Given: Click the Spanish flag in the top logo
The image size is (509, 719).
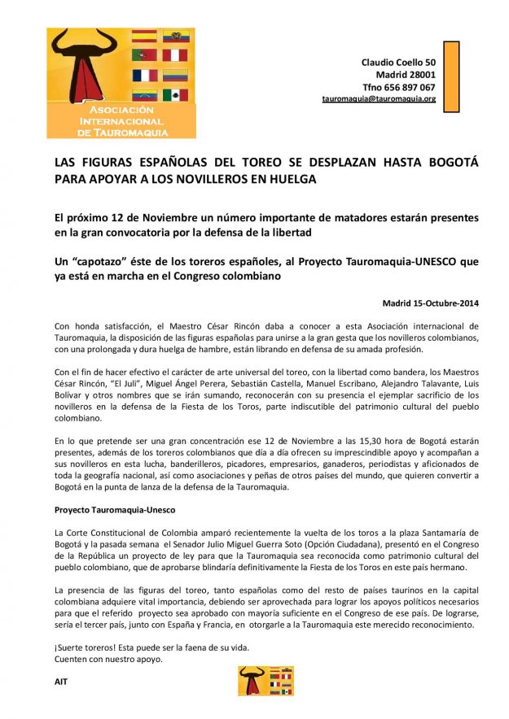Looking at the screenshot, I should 144,36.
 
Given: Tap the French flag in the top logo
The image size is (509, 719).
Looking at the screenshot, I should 144,75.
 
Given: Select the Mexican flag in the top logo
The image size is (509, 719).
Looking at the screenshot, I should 175,95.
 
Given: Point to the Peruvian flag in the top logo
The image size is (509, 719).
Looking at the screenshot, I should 175,55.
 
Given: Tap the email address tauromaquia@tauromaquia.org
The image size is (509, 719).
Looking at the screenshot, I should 379,98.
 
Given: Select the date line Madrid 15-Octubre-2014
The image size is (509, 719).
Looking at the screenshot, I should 431,303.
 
